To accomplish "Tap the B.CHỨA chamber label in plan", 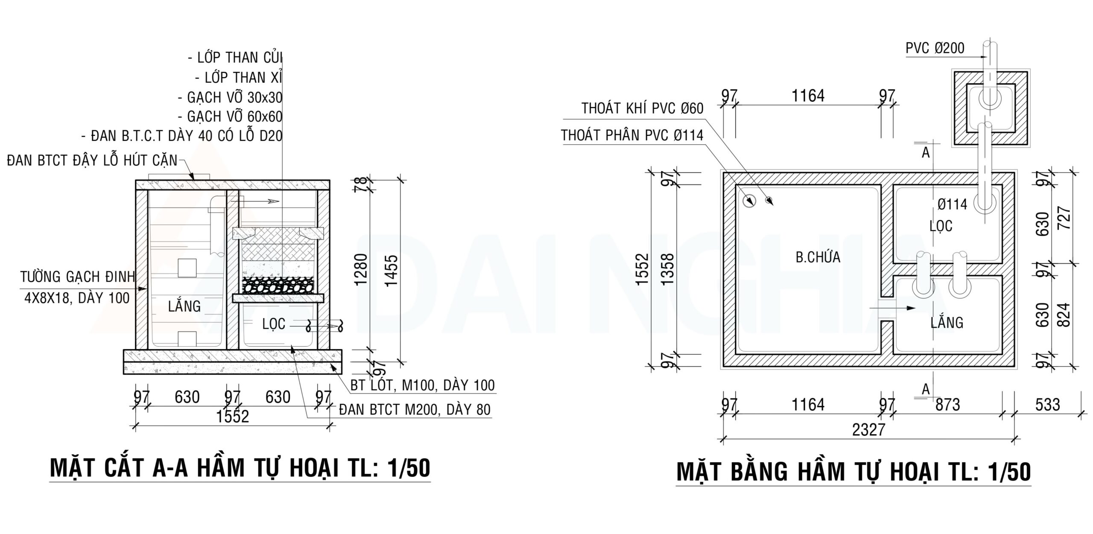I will click(818, 257).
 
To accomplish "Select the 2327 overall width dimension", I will click(868, 429).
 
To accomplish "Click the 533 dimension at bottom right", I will click(1047, 404).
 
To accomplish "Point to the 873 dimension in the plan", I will click(947, 404).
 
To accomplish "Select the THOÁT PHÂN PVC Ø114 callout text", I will click(632, 135).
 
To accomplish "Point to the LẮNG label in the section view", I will click(184, 306).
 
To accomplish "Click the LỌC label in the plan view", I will click(941, 226).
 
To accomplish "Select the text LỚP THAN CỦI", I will click(240, 58).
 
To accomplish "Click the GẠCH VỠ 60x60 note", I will click(234, 117).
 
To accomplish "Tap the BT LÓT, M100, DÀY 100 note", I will click(422, 385).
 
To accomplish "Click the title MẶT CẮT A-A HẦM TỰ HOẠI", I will click(240, 468).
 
